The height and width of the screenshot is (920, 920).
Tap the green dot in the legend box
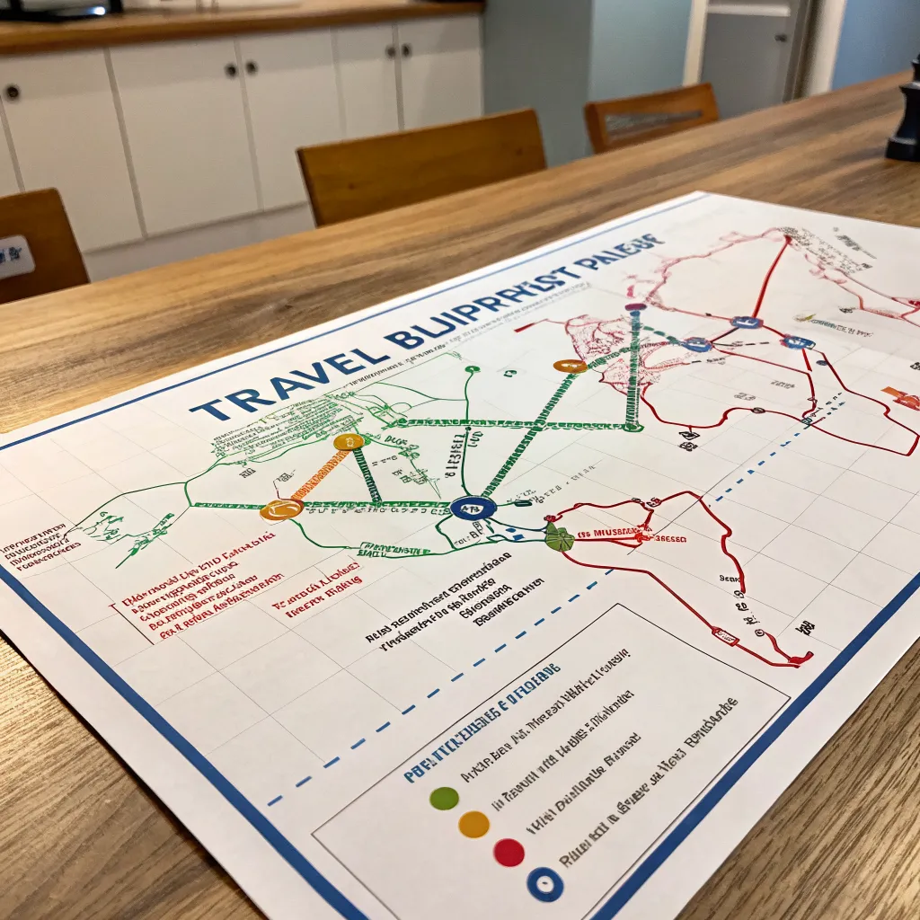pos(444,798)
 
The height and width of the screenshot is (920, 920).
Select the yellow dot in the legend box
pos(473,824)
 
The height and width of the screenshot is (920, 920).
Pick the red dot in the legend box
pos(509,853)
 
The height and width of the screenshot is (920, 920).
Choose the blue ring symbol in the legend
pos(544,885)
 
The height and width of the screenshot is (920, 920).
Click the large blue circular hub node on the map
pos(473,508)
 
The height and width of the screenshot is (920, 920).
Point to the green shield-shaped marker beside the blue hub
pos(559,538)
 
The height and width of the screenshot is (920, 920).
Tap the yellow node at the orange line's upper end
pos(349,442)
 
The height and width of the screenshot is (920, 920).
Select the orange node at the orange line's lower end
pos(281,510)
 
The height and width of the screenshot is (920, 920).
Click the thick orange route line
pos(317,475)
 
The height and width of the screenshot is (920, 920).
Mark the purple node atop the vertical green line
pos(636,308)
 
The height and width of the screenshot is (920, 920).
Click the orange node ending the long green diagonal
pos(570,366)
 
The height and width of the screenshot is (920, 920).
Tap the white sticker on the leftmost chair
pos(15,258)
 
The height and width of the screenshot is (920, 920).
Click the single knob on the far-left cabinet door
pos(12,91)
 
